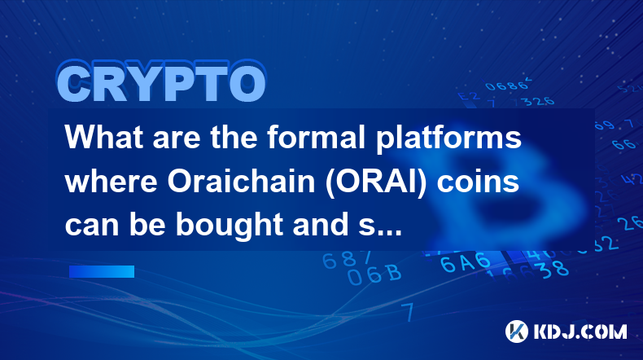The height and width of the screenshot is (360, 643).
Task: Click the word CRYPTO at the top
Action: (x=162, y=81)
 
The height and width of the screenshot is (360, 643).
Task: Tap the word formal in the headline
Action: (x=316, y=137)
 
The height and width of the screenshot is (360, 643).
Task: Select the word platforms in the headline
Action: (x=449, y=138)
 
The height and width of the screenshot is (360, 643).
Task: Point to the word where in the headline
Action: (x=111, y=182)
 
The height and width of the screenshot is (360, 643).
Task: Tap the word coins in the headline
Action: (x=478, y=182)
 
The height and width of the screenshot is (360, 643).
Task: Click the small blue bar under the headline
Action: (x=102, y=271)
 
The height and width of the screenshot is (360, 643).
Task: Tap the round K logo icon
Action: (x=517, y=331)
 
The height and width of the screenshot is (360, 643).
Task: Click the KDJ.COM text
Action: (x=580, y=331)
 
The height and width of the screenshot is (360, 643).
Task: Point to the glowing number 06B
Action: (x=374, y=274)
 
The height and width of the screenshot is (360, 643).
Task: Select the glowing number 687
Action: (x=347, y=260)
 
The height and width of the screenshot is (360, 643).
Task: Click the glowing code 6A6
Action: (x=465, y=262)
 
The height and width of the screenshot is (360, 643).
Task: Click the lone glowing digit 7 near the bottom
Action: (x=408, y=312)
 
